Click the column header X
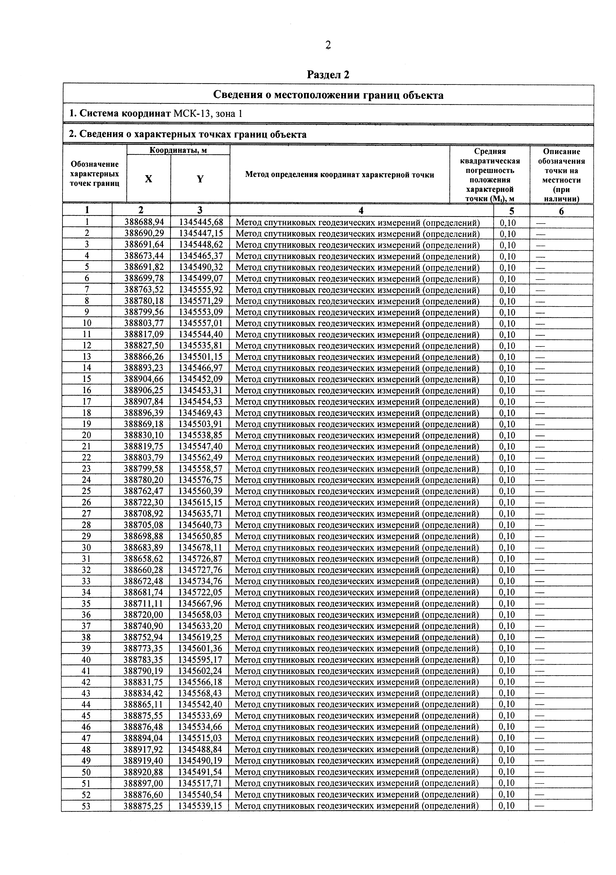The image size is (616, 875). pyautogui.click(x=149, y=179)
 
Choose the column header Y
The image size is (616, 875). pyautogui.click(x=200, y=179)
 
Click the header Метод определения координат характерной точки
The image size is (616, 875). pyautogui.click(x=339, y=175)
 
